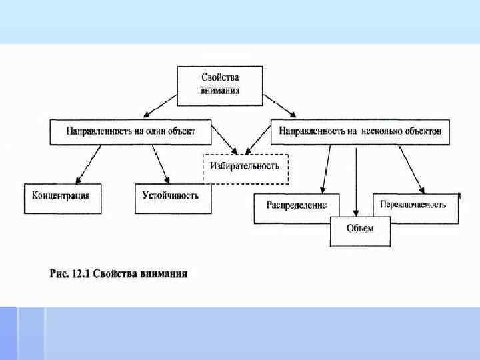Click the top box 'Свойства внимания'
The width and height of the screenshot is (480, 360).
pos(219,85)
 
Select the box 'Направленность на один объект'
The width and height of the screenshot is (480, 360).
pos(131,132)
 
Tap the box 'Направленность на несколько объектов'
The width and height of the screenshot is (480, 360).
pos(361,132)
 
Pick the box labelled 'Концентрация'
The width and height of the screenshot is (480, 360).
pos(63,198)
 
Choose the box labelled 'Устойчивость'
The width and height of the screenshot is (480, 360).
pos(171,198)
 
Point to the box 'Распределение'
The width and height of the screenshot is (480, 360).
pos(297,207)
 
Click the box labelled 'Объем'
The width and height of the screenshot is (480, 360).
pos(360,231)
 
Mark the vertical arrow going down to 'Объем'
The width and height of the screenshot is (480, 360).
pos(357,180)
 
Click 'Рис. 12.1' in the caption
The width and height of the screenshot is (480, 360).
pos(71,273)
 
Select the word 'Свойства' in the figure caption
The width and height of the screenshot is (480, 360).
pos(117,273)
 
